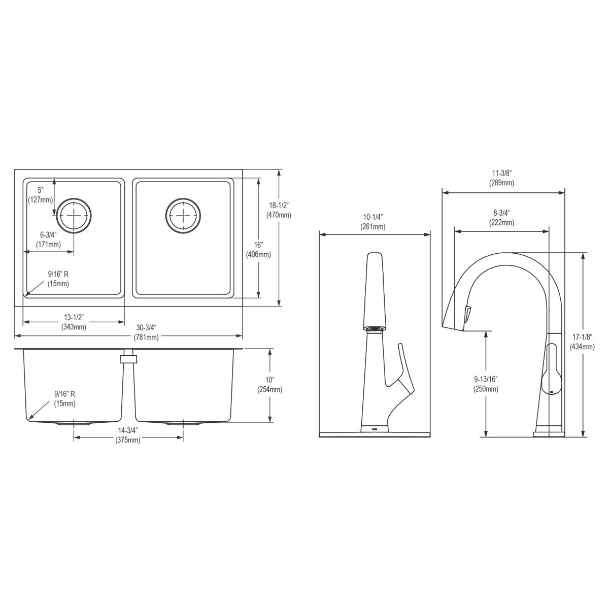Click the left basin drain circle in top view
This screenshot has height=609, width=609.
pyautogui.click(x=74, y=216)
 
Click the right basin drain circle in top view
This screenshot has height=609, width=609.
pyautogui.click(x=183, y=216)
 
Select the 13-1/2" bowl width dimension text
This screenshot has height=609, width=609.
pyautogui.click(x=74, y=322)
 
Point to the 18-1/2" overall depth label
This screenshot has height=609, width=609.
pyautogui.click(x=279, y=210)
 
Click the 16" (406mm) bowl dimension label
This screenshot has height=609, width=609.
pyautogui.click(x=258, y=250)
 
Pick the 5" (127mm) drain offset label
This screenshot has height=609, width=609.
pyautogui.click(x=41, y=195)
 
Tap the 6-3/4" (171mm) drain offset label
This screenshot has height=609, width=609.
pyautogui.click(x=48, y=240)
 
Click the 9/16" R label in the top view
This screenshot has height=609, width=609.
pyautogui.click(x=58, y=279)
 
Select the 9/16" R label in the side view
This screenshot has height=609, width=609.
pyautogui.click(x=65, y=398)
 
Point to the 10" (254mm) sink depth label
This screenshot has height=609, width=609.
pyautogui.click(x=269, y=385)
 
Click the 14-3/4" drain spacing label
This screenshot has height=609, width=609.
pyautogui.click(x=128, y=435)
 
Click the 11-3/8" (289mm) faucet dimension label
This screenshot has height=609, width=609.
pyautogui.click(x=501, y=178)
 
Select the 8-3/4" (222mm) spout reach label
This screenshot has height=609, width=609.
pyautogui.click(x=501, y=218)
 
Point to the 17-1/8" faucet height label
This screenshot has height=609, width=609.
pyautogui.click(x=582, y=342)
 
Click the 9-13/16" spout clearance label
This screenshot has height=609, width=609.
pyautogui.click(x=486, y=384)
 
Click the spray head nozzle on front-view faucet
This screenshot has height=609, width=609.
pyautogui.click(x=375, y=329)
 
